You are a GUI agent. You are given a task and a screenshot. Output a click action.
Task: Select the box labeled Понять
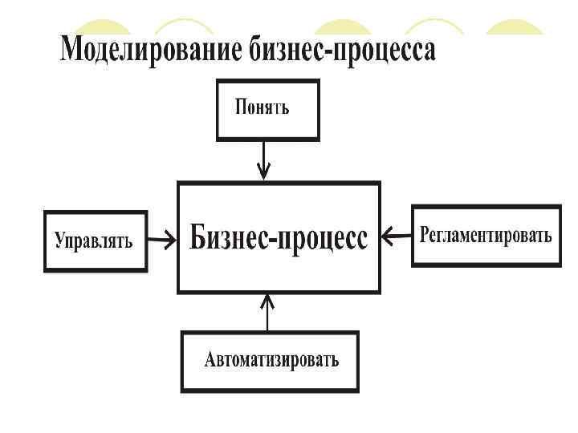point(267,109)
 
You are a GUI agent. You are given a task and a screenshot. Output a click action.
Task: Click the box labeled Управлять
point(95,241)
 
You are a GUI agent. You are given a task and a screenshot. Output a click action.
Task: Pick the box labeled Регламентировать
point(486,236)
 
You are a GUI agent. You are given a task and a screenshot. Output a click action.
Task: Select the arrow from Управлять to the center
point(162,238)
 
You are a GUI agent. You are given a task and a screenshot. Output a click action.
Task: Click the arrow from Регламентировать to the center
point(396,236)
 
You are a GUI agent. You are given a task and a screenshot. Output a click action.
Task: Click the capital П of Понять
point(240,106)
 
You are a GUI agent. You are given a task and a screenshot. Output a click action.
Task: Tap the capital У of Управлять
point(60,241)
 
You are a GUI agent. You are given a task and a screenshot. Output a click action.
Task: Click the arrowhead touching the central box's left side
point(172,238)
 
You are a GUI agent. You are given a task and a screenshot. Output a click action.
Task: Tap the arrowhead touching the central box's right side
point(386,236)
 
